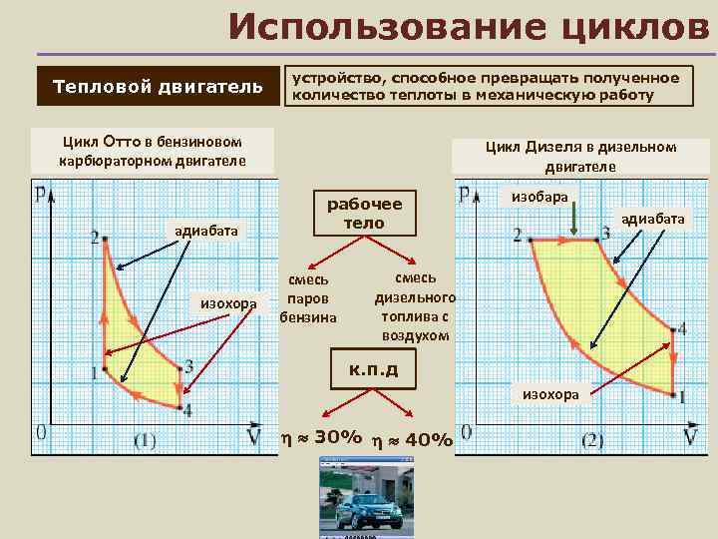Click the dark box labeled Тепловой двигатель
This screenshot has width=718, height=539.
pyautogui.click(x=158, y=86)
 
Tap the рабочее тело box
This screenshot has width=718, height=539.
pyautogui.click(x=364, y=212)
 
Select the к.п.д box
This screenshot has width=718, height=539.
pyautogui.click(x=373, y=369)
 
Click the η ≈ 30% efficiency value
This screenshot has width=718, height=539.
pyautogui.click(x=321, y=437)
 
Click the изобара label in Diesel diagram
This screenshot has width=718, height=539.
pyautogui.click(x=539, y=197)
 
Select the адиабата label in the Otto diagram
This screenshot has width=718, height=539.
pyautogui.click(x=206, y=231)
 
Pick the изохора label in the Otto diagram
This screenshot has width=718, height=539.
pyautogui.click(x=228, y=302)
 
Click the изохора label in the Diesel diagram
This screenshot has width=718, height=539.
pyautogui.click(x=550, y=394)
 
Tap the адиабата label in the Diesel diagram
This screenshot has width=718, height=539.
pyautogui.click(x=653, y=218)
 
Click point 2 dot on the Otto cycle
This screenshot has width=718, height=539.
pyautogui.click(x=105, y=238)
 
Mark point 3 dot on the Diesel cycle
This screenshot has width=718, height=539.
pyautogui.click(x=596, y=240)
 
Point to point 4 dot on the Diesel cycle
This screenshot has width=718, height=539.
pyautogui.click(x=673, y=329)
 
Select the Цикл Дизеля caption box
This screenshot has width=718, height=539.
pyautogui.click(x=580, y=157)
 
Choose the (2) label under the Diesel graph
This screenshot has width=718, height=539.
pyautogui.click(x=592, y=439)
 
